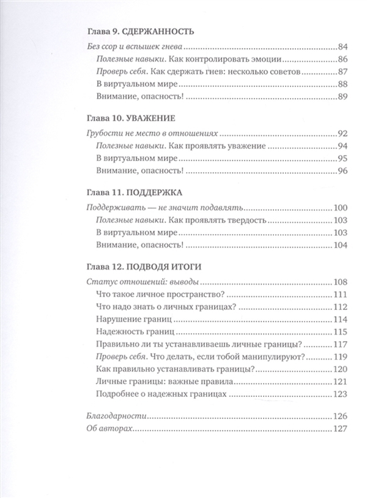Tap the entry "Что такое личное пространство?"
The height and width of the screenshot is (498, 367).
click(x=159, y=295)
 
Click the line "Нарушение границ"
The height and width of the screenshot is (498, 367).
click(x=134, y=319)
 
